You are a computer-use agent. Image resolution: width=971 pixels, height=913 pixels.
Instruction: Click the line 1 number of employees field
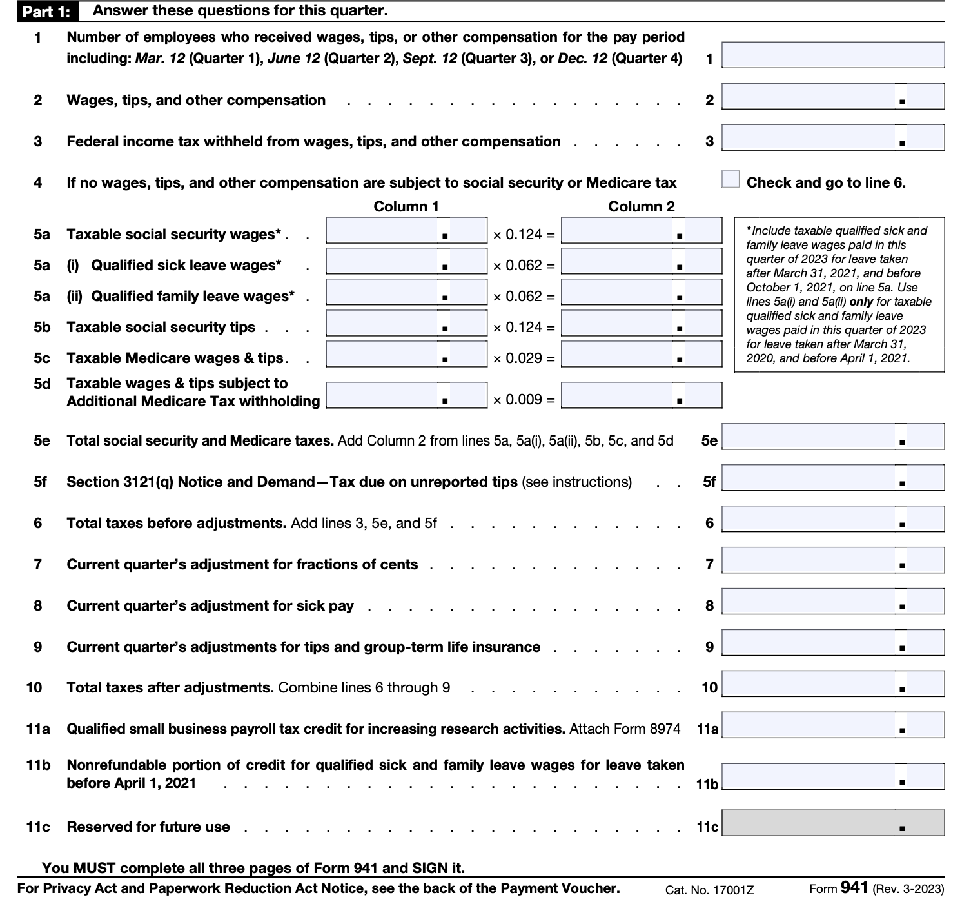[832, 55]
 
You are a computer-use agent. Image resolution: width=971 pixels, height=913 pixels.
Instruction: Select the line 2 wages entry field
[832, 97]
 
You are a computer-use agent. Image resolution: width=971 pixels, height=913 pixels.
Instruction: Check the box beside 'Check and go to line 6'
[731, 179]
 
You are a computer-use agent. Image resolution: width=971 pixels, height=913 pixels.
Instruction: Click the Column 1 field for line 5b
[406, 324]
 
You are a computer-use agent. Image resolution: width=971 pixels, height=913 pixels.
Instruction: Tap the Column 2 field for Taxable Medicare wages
[641, 354]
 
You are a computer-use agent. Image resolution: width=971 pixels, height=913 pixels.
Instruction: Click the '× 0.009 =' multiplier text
[524, 400]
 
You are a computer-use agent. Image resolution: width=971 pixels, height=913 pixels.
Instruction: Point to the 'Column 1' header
[406, 206]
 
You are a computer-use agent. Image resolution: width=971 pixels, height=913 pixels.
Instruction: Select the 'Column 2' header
[641, 206]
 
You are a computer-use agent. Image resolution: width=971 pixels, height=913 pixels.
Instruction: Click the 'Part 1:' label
[46, 12]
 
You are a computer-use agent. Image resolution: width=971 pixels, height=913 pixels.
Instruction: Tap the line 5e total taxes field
[832, 437]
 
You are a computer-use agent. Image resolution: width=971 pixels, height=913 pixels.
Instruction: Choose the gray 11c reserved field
[832, 823]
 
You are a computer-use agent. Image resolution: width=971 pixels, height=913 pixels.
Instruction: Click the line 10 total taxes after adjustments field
[832, 684]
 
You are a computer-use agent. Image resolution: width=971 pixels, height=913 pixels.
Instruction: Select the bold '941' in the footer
[854, 888]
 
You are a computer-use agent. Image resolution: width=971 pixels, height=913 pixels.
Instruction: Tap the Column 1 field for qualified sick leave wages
[406, 262]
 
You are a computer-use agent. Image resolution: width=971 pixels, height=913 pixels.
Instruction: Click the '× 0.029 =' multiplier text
[524, 358]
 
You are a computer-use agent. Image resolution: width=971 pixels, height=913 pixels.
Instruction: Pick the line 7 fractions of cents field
[832, 560]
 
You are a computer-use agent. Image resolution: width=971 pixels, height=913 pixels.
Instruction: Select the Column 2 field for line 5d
[641, 395]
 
